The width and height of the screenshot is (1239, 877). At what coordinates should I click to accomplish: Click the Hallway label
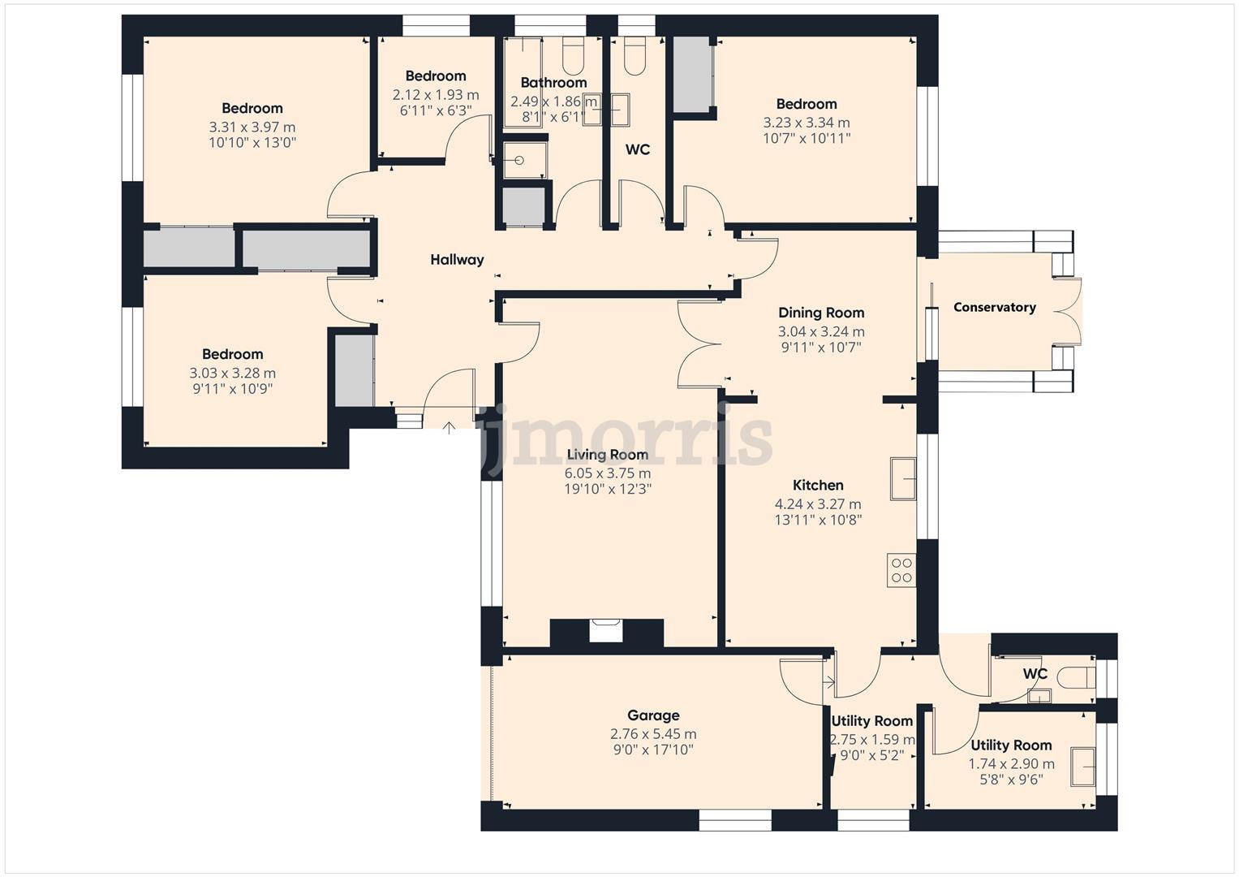click(x=457, y=260)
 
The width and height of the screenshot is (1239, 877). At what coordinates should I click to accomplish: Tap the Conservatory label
click(x=994, y=307)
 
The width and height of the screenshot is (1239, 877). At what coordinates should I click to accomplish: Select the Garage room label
click(x=653, y=715)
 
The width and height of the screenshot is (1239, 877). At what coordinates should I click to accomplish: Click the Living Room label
click(x=607, y=455)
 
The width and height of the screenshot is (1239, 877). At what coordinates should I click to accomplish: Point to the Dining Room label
click(x=821, y=313)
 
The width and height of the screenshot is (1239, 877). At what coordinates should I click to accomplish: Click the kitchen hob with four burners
click(x=901, y=570)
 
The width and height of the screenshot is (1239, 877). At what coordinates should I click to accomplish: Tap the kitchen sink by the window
click(x=902, y=479)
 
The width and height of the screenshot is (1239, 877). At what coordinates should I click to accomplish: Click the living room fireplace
click(x=606, y=630)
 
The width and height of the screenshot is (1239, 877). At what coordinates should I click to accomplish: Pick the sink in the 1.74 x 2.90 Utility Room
click(x=1082, y=767)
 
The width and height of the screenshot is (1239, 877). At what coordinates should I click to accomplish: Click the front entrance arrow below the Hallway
click(x=449, y=426)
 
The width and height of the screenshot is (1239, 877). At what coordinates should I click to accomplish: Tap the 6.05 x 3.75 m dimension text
click(x=607, y=473)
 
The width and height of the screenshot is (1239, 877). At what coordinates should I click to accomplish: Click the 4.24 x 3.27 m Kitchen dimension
click(x=818, y=504)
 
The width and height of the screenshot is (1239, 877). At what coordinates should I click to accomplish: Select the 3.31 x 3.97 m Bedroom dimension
click(x=252, y=127)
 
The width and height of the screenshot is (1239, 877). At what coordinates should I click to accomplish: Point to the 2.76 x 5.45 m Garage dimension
click(x=653, y=734)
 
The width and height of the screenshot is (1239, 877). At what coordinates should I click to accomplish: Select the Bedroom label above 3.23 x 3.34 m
click(x=806, y=104)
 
